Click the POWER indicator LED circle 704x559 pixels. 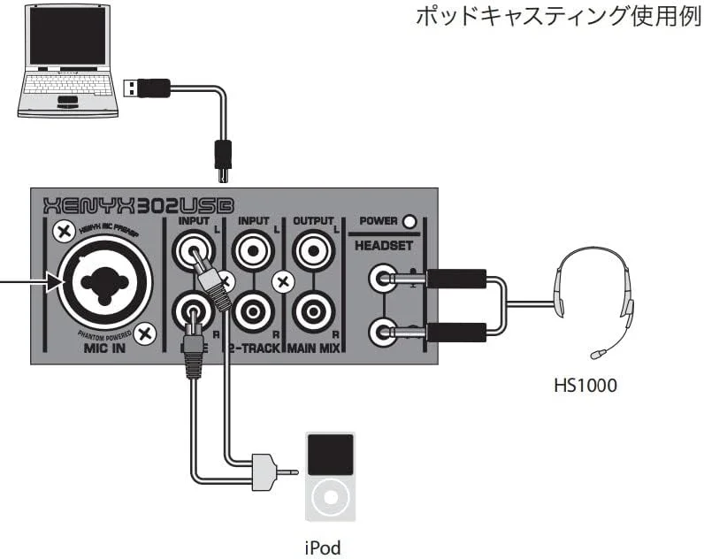[409, 221]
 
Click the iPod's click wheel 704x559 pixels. [330, 499]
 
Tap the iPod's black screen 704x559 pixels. [330, 454]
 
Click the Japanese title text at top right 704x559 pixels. [557, 19]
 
